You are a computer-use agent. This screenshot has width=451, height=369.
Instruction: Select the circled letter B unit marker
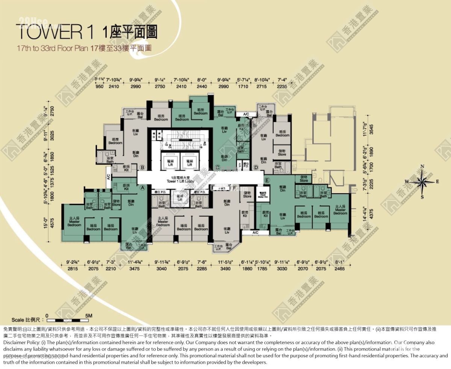(142, 167)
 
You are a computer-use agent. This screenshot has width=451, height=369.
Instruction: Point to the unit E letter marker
(267, 180)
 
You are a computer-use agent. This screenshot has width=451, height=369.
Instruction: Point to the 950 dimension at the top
(99, 86)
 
